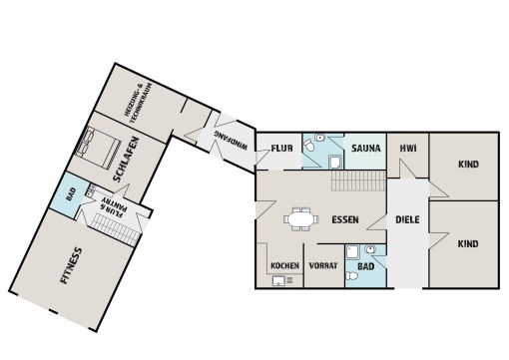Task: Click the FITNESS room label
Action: point(71,265)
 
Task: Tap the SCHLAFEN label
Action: point(126,160)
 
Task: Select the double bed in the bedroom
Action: point(98,148)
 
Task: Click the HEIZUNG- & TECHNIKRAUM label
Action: point(139,103)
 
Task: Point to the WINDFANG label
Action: point(231,141)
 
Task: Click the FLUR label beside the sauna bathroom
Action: point(281,148)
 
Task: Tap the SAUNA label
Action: point(366,148)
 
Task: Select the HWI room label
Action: point(408,148)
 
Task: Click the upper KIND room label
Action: point(468,165)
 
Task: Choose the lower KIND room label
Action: point(468,244)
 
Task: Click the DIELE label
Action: point(407,219)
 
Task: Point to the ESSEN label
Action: point(345,219)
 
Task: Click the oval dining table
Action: point(301,219)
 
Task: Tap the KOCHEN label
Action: point(284,266)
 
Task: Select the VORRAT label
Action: point(323,266)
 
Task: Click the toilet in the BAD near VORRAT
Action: point(352,276)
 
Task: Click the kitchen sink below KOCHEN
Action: point(278,281)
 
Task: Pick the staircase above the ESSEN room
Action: point(358,180)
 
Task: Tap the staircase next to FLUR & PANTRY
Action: point(116,228)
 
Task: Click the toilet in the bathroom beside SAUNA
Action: point(308,146)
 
